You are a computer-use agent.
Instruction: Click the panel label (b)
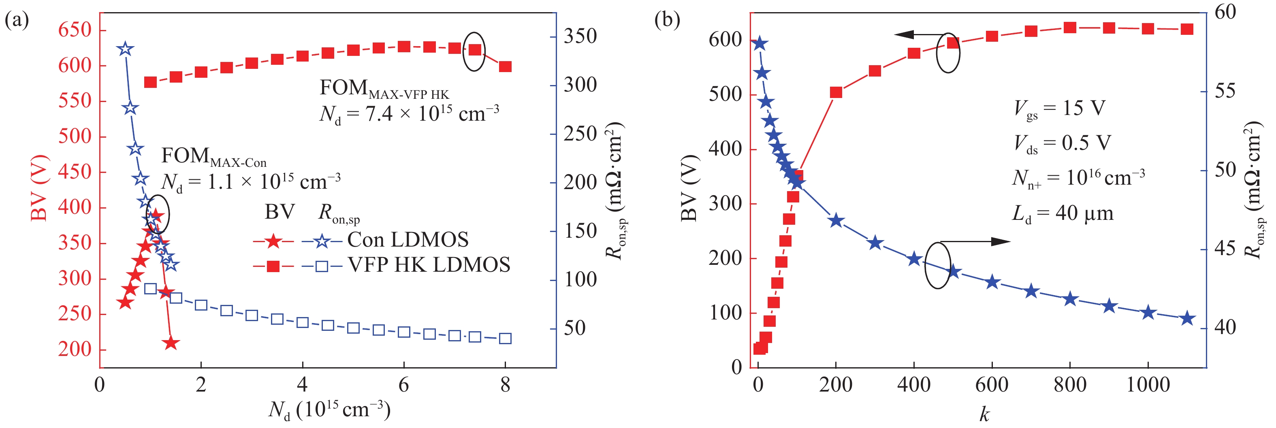tap(667, 20)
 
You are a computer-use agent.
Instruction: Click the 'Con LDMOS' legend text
tap(408, 240)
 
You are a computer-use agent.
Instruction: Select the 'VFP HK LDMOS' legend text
tap(429, 266)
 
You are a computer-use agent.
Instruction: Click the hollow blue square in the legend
tap(322, 266)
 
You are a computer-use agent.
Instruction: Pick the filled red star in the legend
tap(273, 242)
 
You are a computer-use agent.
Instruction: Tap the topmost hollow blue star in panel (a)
tap(125, 49)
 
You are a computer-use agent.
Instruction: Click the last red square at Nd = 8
tap(505, 66)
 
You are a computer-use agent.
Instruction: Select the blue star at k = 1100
tap(1187, 319)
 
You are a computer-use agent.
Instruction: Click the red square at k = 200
tap(836, 93)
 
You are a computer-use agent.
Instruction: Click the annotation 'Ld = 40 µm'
tap(1063, 214)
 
